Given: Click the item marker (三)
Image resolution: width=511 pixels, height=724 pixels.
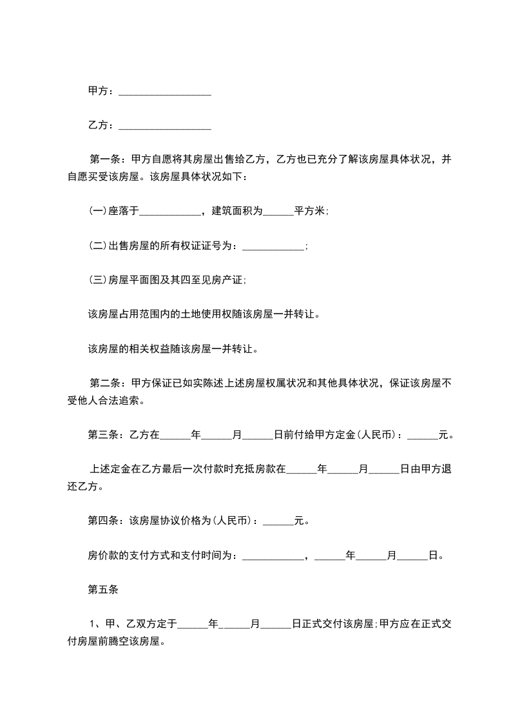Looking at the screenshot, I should click(97, 280).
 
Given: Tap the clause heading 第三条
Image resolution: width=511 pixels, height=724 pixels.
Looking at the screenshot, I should click(101, 436).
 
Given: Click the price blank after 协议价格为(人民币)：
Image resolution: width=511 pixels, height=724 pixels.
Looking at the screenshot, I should click(278, 521).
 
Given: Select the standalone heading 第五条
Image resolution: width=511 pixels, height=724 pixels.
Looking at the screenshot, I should click(101, 589).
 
